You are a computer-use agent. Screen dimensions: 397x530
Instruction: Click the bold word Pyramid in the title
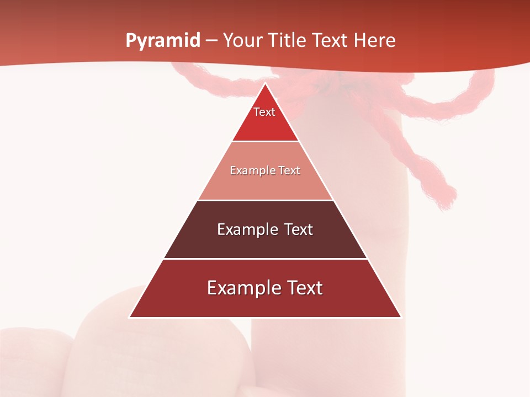click(162, 41)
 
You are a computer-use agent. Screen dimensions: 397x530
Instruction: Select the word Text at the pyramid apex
click(264, 112)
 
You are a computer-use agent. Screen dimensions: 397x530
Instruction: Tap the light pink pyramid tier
click(265, 182)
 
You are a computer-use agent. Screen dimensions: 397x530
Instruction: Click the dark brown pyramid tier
click(265, 243)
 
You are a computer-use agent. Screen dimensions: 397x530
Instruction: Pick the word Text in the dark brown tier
click(299, 229)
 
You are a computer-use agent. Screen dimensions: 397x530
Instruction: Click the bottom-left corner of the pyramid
click(130, 317)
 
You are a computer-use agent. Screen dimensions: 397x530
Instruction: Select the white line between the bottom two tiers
click(265, 259)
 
